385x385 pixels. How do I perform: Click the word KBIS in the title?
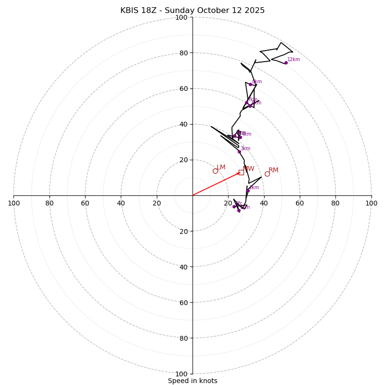(129, 11)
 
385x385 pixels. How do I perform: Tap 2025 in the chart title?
(255, 11)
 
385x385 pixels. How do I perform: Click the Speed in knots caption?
(192, 381)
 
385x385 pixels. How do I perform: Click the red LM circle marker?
(215, 171)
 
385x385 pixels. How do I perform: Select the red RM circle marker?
(267, 174)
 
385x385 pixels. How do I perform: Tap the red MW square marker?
(241, 172)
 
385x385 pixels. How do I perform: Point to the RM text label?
(273, 170)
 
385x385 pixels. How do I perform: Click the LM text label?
(221, 167)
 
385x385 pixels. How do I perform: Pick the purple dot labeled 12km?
(286, 63)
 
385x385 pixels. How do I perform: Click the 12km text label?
(294, 60)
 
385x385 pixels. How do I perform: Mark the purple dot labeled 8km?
(250, 84)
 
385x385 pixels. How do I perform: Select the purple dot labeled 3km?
(239, 152)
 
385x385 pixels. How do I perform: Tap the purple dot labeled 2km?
(248, 191)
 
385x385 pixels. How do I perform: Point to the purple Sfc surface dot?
(234, 206)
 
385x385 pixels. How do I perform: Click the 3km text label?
(245, 149)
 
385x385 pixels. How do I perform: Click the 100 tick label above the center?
(181, 17)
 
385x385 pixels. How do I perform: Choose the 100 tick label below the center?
(181, 374)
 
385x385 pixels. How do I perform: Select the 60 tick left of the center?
(85, 203)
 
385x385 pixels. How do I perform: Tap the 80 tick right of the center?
(335, 203)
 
